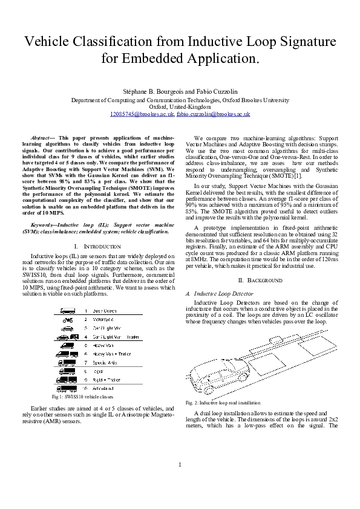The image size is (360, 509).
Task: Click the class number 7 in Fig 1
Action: pyautogui.click(x=85, y=361)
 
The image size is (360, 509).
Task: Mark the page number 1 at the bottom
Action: pyautogui.click(x=180, y=481)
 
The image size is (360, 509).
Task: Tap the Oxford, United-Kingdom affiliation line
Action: pyautogui.click(x=180, y=107)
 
